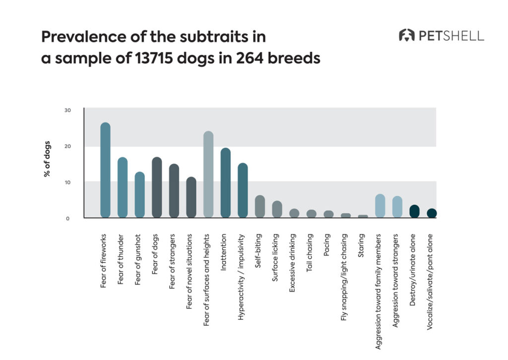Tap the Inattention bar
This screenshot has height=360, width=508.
tap(225, 182)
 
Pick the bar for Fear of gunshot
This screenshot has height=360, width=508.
tap(139, 194)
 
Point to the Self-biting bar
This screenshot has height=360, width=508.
tap(260, 206)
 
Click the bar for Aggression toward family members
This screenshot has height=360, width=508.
tap(380, 206)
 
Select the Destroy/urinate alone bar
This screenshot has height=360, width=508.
tap(414, 211)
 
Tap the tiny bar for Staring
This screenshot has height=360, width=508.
tap(363, 216)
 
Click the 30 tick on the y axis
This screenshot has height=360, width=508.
tap(67, 110)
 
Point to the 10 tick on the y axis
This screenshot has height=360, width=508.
tap(67, 182)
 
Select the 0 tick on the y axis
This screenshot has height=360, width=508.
tap(67, 218)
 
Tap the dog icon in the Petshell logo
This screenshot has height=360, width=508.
tap(407, 35)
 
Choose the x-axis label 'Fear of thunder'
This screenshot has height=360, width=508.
tap(122, 259)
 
